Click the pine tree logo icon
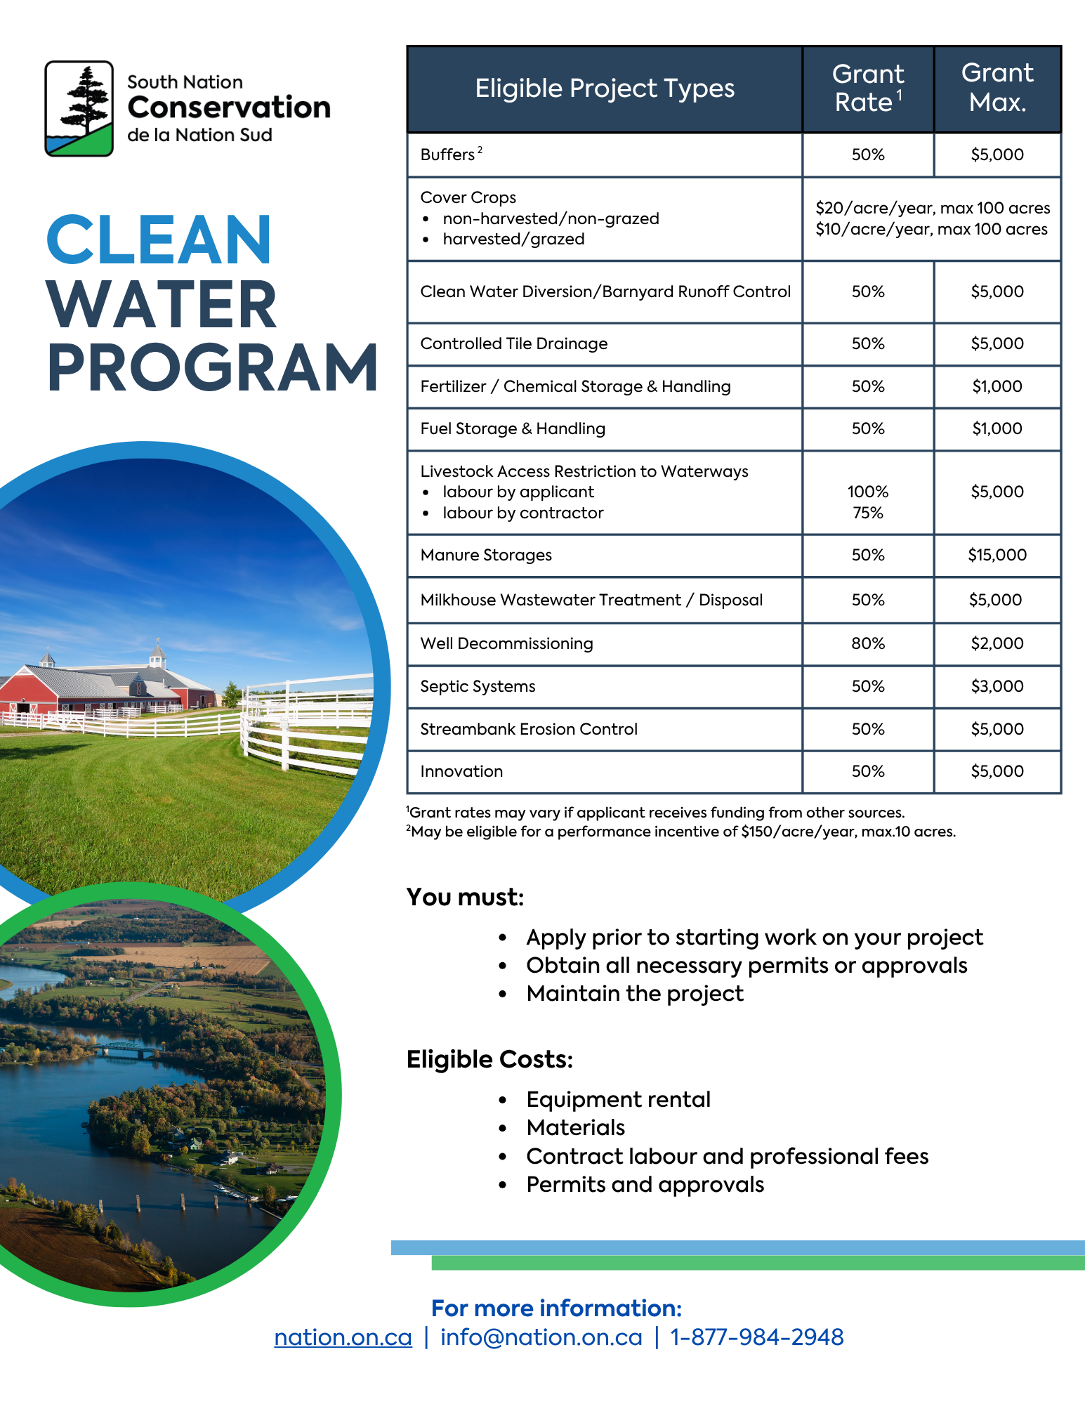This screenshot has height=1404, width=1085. click(79, 108)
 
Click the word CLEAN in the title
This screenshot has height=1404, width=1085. click(159, 241)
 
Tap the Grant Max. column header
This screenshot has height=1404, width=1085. click(997, 88)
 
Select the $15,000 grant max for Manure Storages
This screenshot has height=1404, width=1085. click(997, 555)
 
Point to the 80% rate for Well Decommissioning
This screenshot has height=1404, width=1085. click(868, 643)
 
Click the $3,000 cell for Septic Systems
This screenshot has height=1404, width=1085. click(997, 686)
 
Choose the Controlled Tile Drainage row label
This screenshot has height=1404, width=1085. click(513, 343)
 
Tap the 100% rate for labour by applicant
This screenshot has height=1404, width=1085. click(868, 492)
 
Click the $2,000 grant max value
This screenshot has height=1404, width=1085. click(997, 643)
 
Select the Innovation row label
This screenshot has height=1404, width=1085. click(461, 771)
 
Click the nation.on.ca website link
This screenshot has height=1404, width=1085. click(343, 1337)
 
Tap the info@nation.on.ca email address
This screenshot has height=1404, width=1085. click(541, 1337)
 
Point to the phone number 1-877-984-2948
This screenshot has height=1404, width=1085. click(756, 1337)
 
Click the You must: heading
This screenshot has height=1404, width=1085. click(465, 897)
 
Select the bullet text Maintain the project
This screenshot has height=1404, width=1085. click(635, 993)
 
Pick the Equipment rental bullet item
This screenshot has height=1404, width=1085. click(618, 1099)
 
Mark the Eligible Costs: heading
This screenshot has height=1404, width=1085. click(489, 1059)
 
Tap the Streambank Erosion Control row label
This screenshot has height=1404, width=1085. click(528, 729)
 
